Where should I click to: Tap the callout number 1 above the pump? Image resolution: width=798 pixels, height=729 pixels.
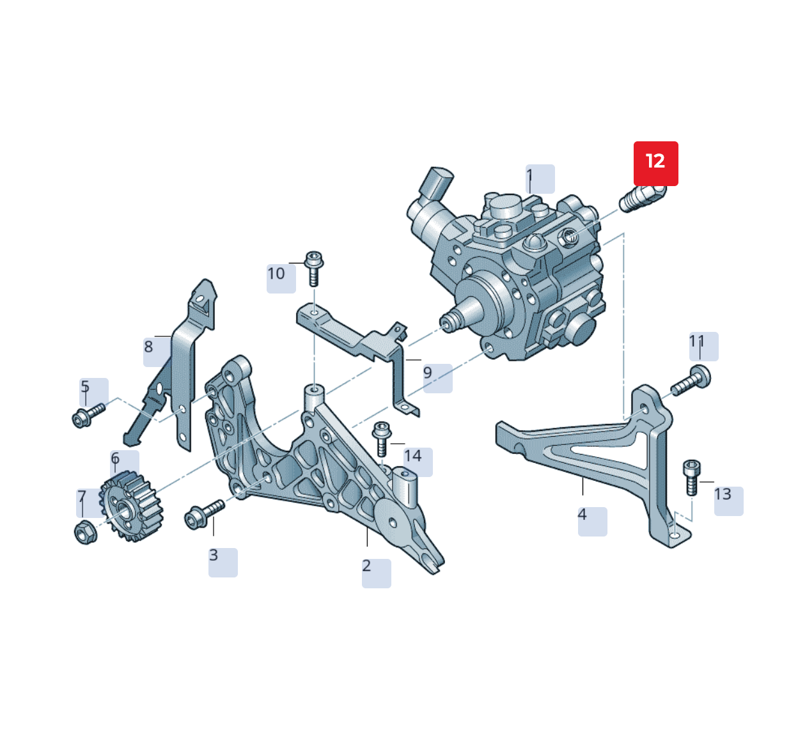click(530, 175)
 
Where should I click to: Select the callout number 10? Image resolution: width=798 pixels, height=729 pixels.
click(276, 274)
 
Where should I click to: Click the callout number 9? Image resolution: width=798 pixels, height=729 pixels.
click(428, 373)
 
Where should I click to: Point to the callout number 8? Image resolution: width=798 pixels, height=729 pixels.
click(149, 347)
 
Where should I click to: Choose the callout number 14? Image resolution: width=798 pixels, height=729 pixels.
click(413, 457)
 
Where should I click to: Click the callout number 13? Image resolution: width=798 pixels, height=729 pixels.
click(723, 495)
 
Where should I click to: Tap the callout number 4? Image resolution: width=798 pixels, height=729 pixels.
click(583, 515)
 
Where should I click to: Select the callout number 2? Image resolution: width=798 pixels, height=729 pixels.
click(367, 567)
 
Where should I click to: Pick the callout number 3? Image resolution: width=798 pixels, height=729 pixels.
click(214, 556)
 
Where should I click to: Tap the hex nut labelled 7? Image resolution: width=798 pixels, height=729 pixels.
click(85, 532)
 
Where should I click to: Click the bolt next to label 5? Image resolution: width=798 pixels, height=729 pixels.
click(87, 416)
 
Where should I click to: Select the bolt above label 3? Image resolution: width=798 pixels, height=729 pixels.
click(203, 515)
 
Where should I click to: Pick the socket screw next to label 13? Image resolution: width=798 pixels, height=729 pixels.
click(692, 476)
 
